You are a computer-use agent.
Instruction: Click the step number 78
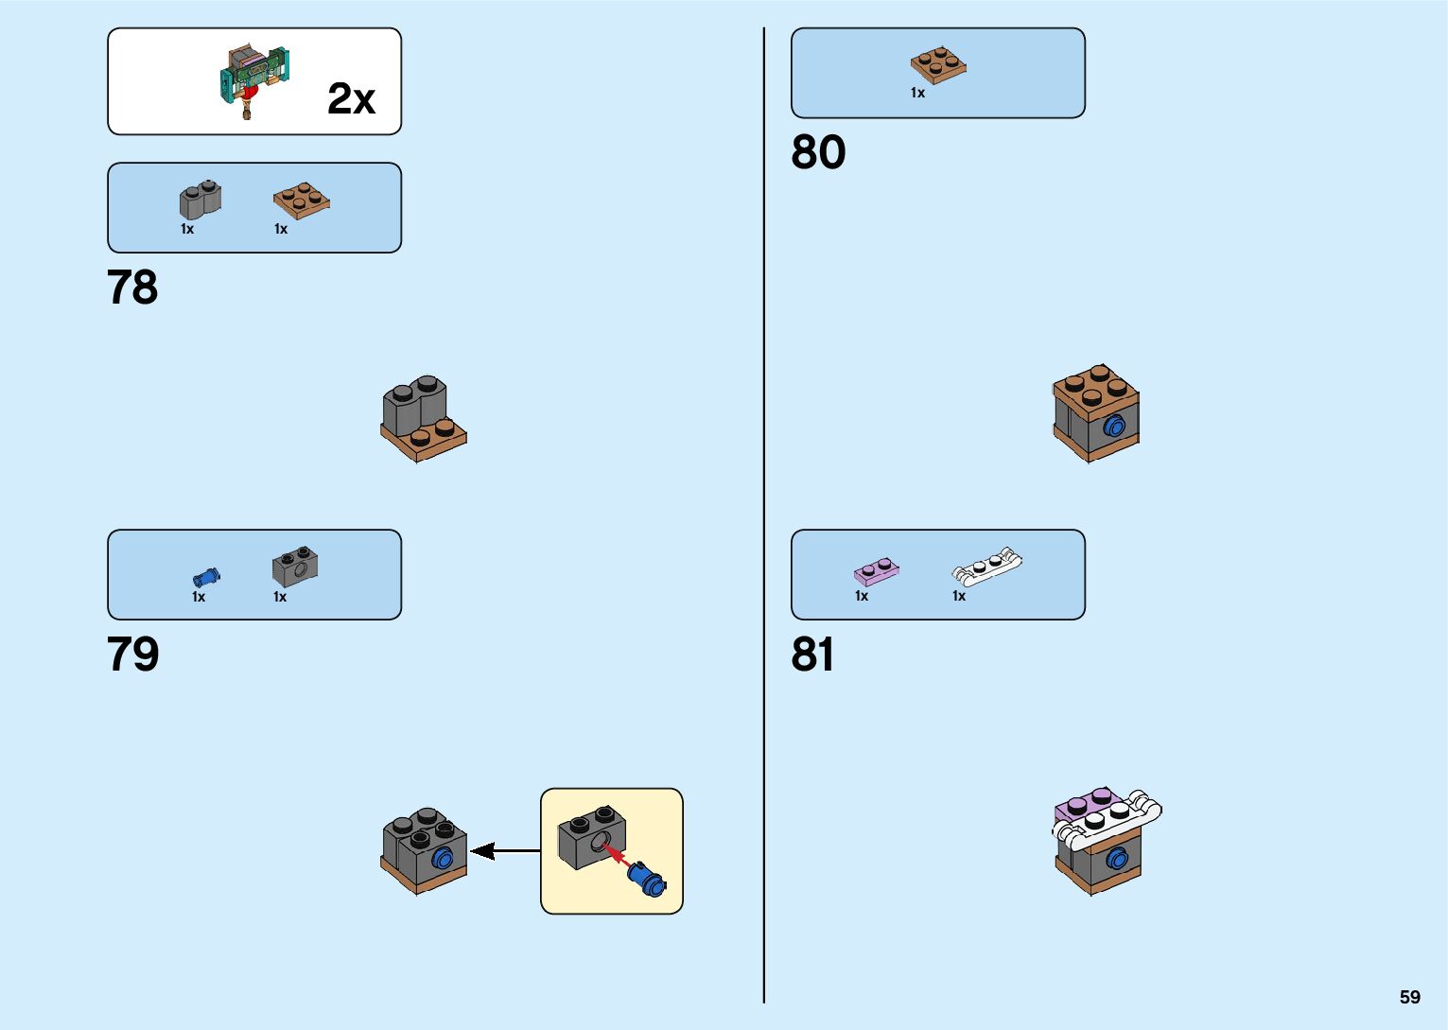click(132, 288)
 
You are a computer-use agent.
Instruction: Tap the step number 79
click(132, 655)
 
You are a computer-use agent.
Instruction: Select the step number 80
click(818, 152)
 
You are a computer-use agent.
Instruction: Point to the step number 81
click(812, 655)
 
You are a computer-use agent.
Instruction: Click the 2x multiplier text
click(351, 98)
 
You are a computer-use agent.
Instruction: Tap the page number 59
click(1409, 997)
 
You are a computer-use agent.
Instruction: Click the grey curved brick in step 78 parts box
click(200, 201)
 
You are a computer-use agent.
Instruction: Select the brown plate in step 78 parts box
click(302, 201)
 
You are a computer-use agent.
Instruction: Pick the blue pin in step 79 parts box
click(205, 576)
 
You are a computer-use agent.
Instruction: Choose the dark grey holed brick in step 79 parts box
click(295, 567)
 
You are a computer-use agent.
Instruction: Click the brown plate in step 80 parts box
click(938, 65)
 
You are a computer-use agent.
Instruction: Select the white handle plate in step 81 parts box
click(986, 565)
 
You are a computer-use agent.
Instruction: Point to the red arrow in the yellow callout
click(616, 856)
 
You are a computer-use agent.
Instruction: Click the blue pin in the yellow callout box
click(648, 881)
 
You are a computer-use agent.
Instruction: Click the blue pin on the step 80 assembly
click(1113, 427)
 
